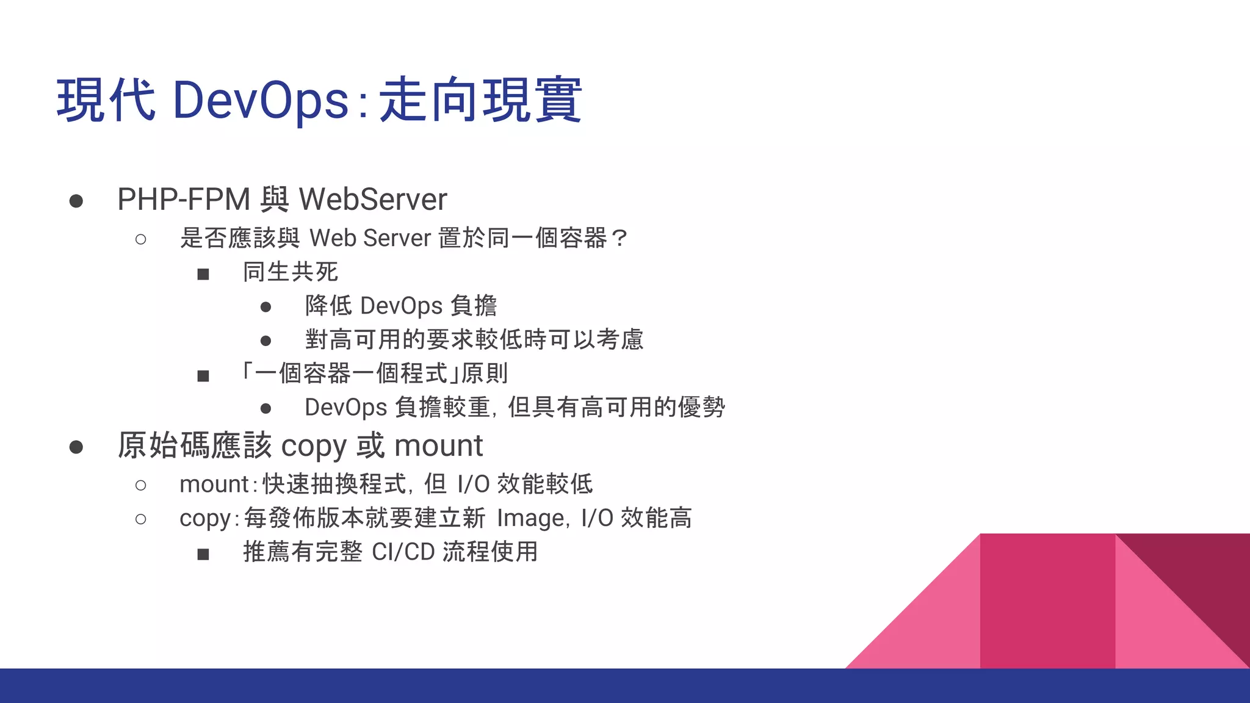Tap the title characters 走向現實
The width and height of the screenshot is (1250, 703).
tap(480, 101)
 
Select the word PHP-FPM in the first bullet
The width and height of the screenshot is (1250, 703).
tap(184, 200)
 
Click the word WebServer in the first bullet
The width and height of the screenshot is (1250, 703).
tap(373, 200)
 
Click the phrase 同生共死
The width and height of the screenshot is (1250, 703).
tap(291, 272)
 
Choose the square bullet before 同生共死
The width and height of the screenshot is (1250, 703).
tap(203, 274)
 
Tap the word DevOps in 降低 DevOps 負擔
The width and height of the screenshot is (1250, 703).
tap(401, 306)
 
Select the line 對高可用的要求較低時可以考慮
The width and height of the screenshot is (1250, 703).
tap(474, 339)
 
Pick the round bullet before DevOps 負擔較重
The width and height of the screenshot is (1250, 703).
tap(266, 408)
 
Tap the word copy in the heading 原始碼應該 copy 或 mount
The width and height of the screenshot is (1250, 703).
tap(313, 446)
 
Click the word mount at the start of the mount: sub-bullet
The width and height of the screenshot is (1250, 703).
tap(214, 485)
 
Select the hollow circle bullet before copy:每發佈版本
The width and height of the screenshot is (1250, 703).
tap(141, 519)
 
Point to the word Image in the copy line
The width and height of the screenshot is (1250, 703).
tap(530, 518)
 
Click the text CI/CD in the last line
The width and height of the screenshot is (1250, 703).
tap(403, 552)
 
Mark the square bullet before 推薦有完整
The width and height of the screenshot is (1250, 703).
tap(203, 554)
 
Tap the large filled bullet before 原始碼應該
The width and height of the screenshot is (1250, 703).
tap(76, 447)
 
